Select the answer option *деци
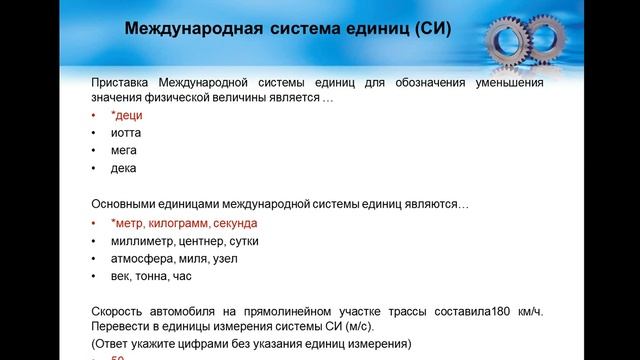(x=126, y=116)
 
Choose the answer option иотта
(x=125, y=133)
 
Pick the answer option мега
(x=124, y=151)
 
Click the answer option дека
(x=124, y=168)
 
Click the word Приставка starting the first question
(x=119, y=83)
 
